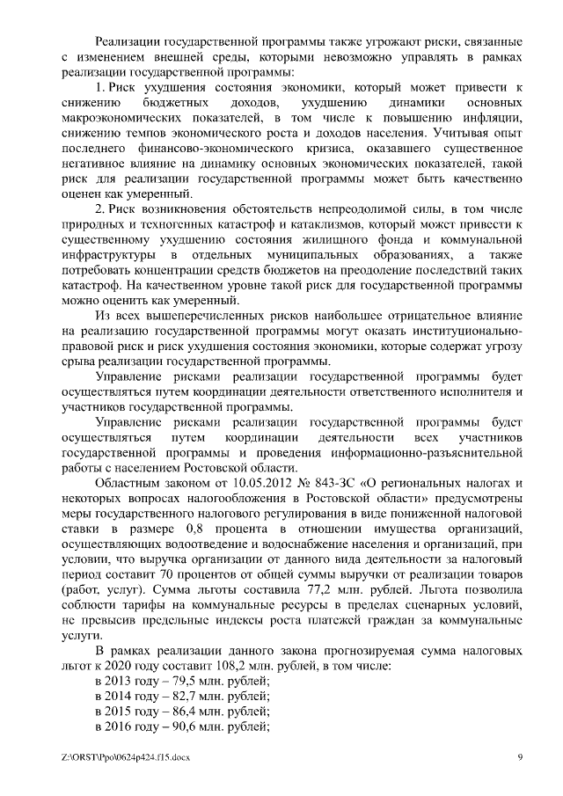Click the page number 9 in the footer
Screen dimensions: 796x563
click(520, 756)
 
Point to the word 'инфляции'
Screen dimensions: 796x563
click(495, 117)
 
